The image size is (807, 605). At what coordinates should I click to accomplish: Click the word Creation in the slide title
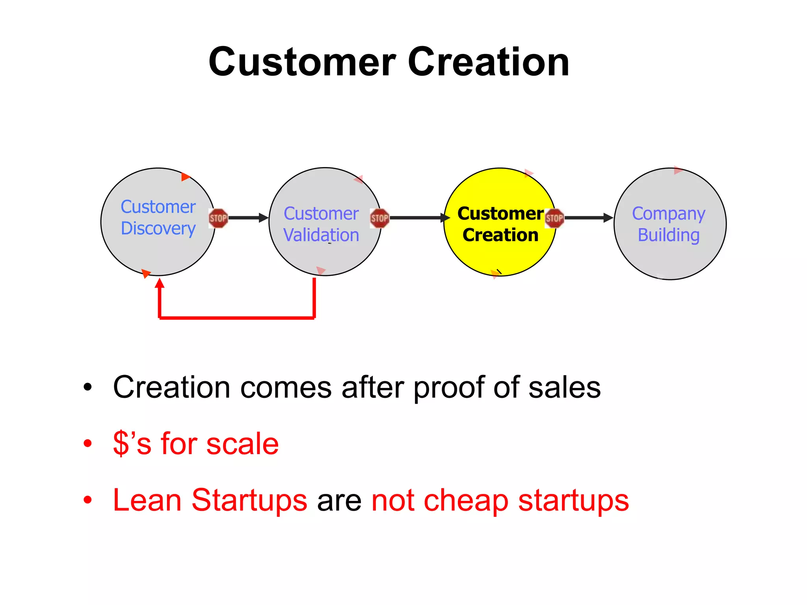(x=488, y=62)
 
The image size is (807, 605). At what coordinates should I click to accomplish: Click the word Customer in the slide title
(x=302, y=62)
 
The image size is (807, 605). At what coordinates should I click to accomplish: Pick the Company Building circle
(x=669, y=256)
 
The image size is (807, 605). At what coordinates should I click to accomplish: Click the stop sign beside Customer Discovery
(x=218, y=218)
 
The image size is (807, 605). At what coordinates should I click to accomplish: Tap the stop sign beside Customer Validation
(x=379, y=218)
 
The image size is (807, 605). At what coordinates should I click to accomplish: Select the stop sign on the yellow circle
(x=554, y=218)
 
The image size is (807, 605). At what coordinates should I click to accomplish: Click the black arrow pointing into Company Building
(x=589, y=217)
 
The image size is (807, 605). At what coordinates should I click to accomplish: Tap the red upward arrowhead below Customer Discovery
(x=159, y=284)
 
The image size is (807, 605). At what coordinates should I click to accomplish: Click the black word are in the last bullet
(x=339, y=501)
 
